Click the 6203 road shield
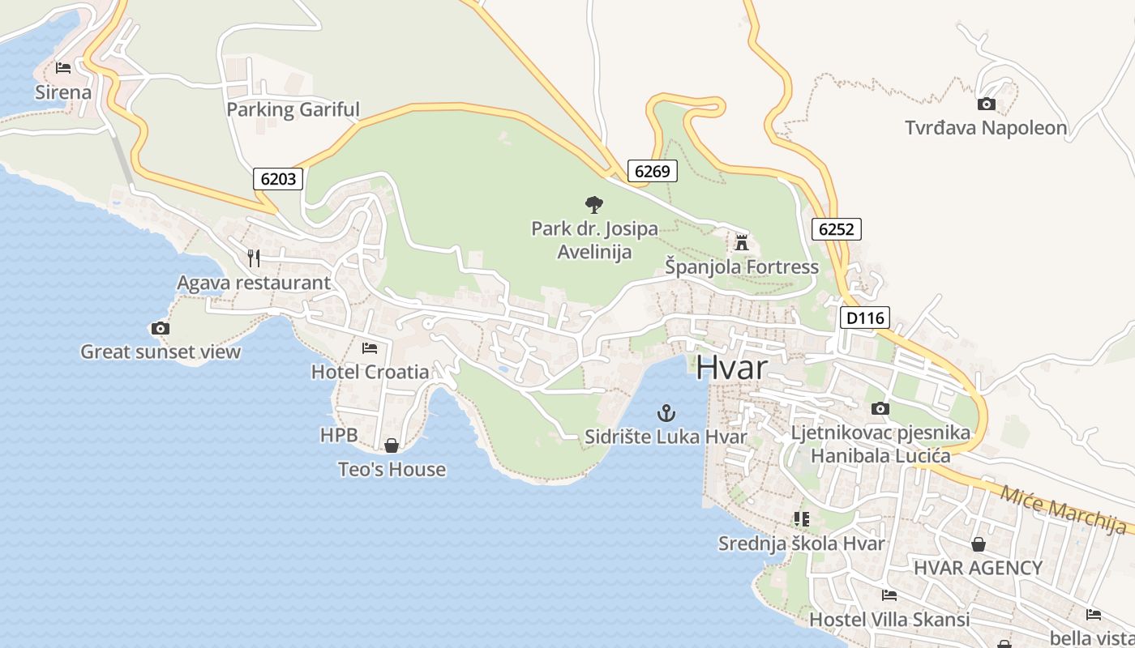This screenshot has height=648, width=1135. (x=278, y=178)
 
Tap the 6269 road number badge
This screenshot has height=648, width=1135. (x=652, y=171)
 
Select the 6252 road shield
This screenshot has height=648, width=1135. (x=836, y=229)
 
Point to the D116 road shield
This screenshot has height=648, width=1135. (x=865, y=318)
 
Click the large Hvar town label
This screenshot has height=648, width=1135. (x=731, y=368)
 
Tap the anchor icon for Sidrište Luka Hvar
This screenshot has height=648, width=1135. (x=666, y=414)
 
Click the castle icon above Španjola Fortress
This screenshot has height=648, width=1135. (x=741, y=242)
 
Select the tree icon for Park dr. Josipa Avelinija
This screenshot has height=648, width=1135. (x=594, y=205)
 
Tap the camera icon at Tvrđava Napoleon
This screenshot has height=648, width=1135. (x=987, y=104)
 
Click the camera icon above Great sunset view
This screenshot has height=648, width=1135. (x=161, y=328)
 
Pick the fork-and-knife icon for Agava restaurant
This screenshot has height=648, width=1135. (x=254, y=258)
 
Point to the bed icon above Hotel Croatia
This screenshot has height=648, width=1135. (x=370, y=348)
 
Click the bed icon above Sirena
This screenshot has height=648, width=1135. (x=63, y=68)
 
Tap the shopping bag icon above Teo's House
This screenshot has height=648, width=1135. (x=392, y=446)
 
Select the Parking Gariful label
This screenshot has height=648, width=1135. (x=293, y=109)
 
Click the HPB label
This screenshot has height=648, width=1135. (x=339, y=435)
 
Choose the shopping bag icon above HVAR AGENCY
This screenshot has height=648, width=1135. (x=979, y=544)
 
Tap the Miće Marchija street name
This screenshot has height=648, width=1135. (x=1063, y=509)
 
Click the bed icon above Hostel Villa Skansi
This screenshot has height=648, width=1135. (x=889, y=595)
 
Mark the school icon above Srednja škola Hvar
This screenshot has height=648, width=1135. (x=802, y=518)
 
